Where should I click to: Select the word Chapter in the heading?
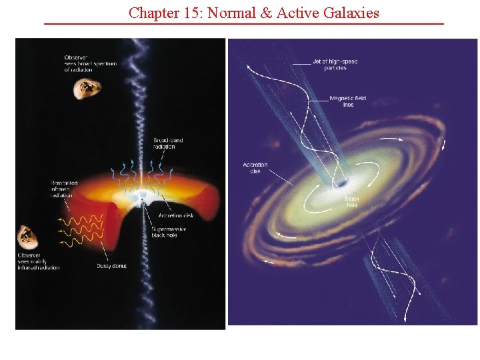coord(152,13)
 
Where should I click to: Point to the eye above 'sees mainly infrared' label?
coord(27,235)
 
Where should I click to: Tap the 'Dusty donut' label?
coord(111,266)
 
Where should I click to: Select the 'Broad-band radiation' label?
coord(168,143)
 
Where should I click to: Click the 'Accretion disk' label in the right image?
coord(255,168)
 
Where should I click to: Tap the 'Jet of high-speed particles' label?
coord(335,65)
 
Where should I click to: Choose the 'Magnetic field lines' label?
coord(347,101)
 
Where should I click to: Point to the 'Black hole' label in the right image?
coord(352,202)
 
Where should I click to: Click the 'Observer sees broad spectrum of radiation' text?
coord(90,63)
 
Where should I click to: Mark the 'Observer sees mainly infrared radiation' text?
coord(38,261)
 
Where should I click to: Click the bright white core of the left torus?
coord(142,196)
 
